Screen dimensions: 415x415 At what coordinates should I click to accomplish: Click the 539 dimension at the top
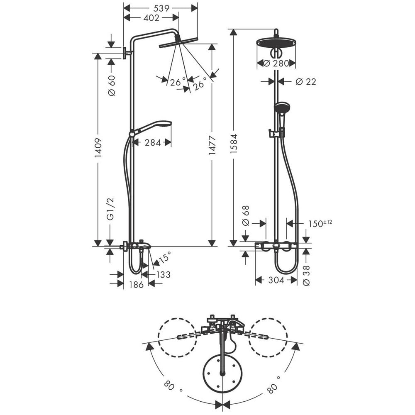[161, 8]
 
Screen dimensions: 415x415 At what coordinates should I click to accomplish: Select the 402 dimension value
[151, 18]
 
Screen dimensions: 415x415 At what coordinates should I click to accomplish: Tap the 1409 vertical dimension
[98, 148]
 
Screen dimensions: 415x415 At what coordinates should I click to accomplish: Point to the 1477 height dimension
[212, 146]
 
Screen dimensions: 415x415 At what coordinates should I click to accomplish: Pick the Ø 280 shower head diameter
[276, 63]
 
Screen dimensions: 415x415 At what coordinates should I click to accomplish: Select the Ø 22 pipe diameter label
[306, 82]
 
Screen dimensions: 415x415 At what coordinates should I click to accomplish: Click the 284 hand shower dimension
[153, 143]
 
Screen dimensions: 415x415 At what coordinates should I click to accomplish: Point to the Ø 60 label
[112, 85]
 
